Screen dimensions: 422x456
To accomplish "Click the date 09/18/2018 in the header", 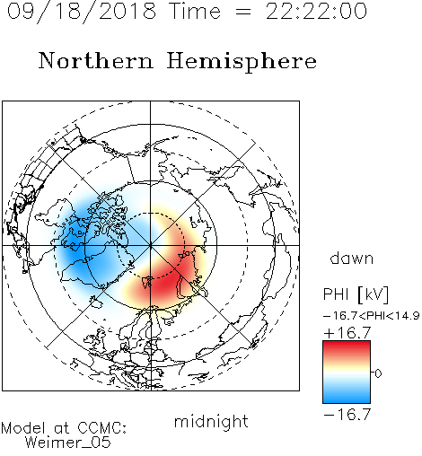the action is [x=82, y=12].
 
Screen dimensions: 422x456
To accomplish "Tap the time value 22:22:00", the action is [x=316, y=11].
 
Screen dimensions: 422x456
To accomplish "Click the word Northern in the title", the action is [x=96, y=60].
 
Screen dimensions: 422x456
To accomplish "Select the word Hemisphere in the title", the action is [x=242, y=62].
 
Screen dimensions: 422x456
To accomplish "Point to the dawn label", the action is [x=352, y=258].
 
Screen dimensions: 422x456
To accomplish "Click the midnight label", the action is [x=211, y=421].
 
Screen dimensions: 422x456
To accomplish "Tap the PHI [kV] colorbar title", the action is [x=356, y=294].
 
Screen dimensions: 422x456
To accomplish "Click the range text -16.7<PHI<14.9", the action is [x=371, y=316].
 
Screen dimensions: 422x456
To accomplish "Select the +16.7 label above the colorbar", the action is [x=347, y=332].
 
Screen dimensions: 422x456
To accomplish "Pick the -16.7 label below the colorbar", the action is [x=347, y=414].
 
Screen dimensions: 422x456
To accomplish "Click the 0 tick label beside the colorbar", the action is [x=378, y=373].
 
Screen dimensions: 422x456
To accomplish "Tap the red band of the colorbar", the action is [x=347, y=349].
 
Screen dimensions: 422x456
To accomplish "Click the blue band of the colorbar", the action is [x=347, y=395].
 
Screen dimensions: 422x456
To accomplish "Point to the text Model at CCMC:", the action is [x=64, y=428].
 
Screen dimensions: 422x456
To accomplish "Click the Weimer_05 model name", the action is [x=68, y=443].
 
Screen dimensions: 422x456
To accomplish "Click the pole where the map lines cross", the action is [x=151, y=245].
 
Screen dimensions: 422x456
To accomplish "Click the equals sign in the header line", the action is [x=243, y=12].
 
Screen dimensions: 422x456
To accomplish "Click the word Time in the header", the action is [x=195, y=11].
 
